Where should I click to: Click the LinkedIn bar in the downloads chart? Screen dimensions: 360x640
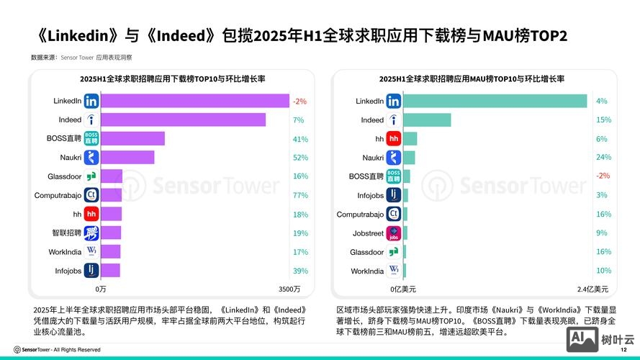pyautogui.click(x=194, y=101)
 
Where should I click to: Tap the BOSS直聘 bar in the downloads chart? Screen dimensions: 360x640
pyautogui.click(x=132, y=139)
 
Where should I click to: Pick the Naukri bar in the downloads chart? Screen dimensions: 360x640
pyautogui.click(x=127, y=158)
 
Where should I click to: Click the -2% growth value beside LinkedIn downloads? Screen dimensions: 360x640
pyautogui.click(x=299, y=102)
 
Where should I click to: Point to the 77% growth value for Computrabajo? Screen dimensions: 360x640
pyautogui.click(x=300, y=196)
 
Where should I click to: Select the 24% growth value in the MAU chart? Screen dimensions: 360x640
pyautogui.click(x=603, y=158)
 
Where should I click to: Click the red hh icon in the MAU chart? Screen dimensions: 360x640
pyautogui.click(x=394, y=139)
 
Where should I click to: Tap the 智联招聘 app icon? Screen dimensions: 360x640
pyautogui.click(x=91, y=233)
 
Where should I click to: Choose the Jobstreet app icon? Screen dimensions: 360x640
pyautogui.click(x=394, y=233)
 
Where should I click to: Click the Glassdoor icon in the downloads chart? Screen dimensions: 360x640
pyautogui.click(x=91, y=176)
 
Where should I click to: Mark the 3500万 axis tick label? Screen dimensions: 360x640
pyautogui.click(x=289, y=289)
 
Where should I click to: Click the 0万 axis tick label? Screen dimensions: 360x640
pyautogui.click(x=101, y=289)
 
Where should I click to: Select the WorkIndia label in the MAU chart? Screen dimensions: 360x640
pyautogui.click(x=367, y=271)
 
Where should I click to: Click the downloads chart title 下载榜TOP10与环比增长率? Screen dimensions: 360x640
pyautogui.click(x=173, y=78)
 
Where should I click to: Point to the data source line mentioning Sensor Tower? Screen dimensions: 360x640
pyautogui.click(x=81, y=57)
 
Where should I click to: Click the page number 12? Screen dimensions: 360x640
pyautogui.click(x=623, y=349)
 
